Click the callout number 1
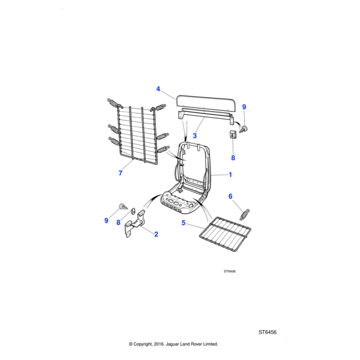pos(229,175)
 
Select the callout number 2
pos(156,234)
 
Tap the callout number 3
pos(195,136)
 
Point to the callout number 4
pos(158,89)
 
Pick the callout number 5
pos(184,223)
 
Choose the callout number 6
pos(230,196)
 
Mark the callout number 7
pos(120,173)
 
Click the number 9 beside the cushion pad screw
pos(244,107)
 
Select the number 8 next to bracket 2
pos(119,223)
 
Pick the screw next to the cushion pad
pos(245,127)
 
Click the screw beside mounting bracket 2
pos(124,207)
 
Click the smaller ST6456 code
pos(229,271)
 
